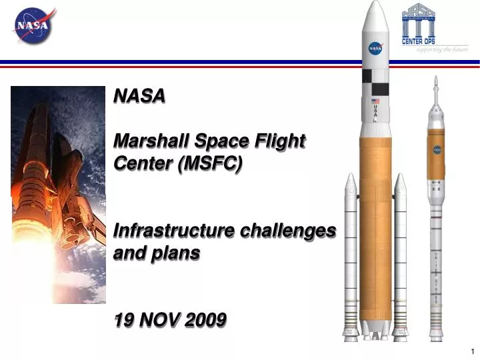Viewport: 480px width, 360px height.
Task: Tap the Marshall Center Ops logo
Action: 419,25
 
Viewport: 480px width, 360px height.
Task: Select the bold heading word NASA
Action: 139,97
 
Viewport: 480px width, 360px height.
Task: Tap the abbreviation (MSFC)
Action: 210,163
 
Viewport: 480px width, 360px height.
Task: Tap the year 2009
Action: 205,321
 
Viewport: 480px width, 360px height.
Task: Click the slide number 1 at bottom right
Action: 472,351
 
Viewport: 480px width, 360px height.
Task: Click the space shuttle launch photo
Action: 58,194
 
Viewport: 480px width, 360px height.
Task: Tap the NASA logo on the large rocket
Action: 376,48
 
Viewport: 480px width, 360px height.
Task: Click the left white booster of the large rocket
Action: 351,260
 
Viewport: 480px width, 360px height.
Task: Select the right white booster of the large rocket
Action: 400,260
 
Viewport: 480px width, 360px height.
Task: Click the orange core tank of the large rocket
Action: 375,220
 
